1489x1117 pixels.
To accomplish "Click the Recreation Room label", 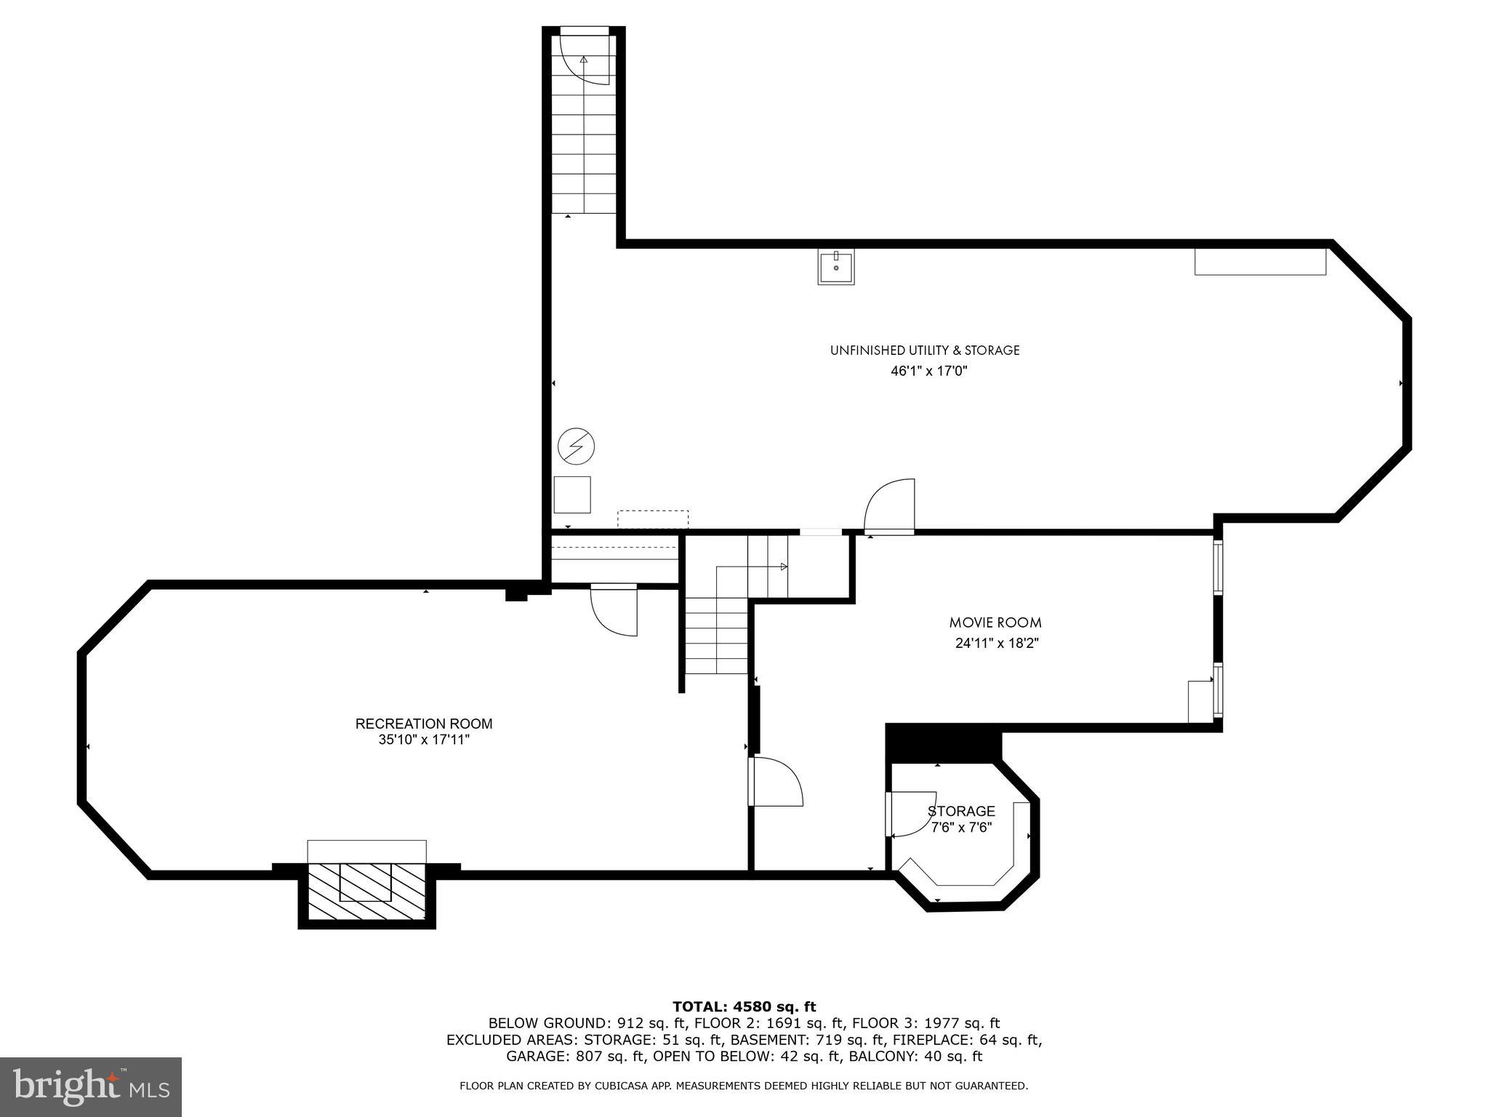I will [x=424, y=724].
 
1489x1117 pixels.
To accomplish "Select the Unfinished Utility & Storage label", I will [x=925, y=351].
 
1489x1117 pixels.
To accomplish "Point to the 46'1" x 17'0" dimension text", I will [x=929, y=371].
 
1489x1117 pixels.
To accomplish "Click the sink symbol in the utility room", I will [x=835, y=267].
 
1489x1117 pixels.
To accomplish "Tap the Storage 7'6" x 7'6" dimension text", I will [x=961, y=827].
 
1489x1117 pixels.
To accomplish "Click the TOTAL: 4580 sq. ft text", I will [x=744, y=1006].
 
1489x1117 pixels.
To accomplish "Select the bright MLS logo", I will [x=91, y=1087].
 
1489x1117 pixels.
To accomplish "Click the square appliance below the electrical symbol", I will [x=572, y=495].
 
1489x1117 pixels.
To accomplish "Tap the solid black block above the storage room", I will [x=944, y=742].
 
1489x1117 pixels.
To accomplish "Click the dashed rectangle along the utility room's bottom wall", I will [x=653, y=519].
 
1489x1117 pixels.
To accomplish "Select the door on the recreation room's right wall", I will [x=775, y=781].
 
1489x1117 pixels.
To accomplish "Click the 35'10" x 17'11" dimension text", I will [x=424, y=740].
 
